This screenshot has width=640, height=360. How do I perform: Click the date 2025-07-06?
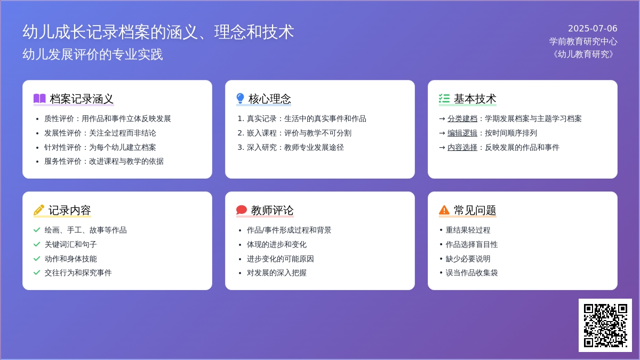pyautogui.click(x=593, y=29)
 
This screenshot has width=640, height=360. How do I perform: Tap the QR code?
pyautogui.click(x=605, y=325)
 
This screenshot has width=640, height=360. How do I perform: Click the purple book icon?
pyautogui.click(x=39, y=98)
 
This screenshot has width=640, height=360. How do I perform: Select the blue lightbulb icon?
pyautogui.click(x=241, y=98)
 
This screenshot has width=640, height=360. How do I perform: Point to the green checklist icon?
pyautogui.click(x=444, y=98)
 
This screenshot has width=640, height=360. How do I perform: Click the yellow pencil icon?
pyautogui.click(x=39, y=210)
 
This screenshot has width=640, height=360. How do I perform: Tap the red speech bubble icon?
pyautogui.click(x=242, y=210)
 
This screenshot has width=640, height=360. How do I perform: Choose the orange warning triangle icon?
pyautogui.click(x=444, y=210)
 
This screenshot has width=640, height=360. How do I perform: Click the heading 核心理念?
pyautogui.click(x=269, y=99)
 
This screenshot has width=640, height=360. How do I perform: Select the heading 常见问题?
pyautogui.click(x=475, y=210)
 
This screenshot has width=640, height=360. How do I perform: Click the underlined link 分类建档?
pyautogui.click(x=462, y=118)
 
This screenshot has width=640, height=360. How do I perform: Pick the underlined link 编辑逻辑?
pyautogui.click(x=462, y=133)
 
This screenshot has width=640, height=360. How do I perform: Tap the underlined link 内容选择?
pyautogui.click(x=462, y=147)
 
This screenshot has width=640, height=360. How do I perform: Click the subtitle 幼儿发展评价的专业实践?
pyautogui.click(x=93, y=54)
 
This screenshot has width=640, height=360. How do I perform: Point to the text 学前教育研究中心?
pyautogui.click(x=583, y=42)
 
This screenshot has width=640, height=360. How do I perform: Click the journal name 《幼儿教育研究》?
pyautogui.click(x=583, y=54)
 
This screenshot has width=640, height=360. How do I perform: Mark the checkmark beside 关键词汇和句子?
pyautogui.click(x=37, y=244)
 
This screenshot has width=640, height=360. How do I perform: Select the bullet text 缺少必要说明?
pyautogui.click(x=468, y=259)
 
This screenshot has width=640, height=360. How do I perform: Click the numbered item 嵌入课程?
pyautogui.click(x=261, y=133)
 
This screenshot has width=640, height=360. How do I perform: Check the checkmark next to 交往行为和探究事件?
pyautogui.click(x=37, y=273)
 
